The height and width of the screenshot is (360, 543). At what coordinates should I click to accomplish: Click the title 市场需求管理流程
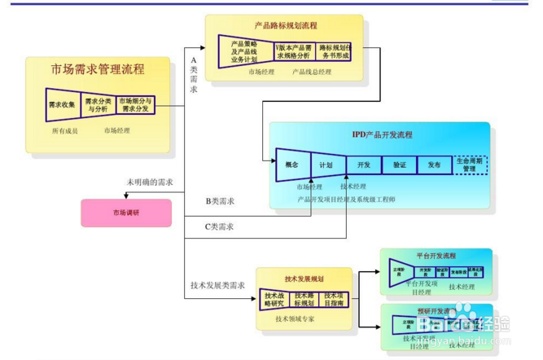pos(98,69)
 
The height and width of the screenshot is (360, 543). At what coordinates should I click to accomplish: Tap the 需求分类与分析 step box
pos(96,105)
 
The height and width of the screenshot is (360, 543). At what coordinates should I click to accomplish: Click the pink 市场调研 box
pos(125,213)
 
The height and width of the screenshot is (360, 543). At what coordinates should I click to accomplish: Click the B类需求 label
pos(220,200)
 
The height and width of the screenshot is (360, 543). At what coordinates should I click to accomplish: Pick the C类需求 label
pos(220,226)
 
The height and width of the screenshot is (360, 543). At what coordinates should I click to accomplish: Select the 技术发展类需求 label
pos(217,285)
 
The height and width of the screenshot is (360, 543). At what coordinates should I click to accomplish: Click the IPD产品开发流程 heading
pos(383,134)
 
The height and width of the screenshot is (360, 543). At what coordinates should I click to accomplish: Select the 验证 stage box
pos(399,165)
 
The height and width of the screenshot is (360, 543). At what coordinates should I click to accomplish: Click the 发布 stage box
pos(434,165)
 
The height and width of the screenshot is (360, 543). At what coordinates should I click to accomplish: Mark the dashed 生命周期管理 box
pos(470,165)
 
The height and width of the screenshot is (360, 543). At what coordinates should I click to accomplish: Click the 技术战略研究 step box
pos(274,299)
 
